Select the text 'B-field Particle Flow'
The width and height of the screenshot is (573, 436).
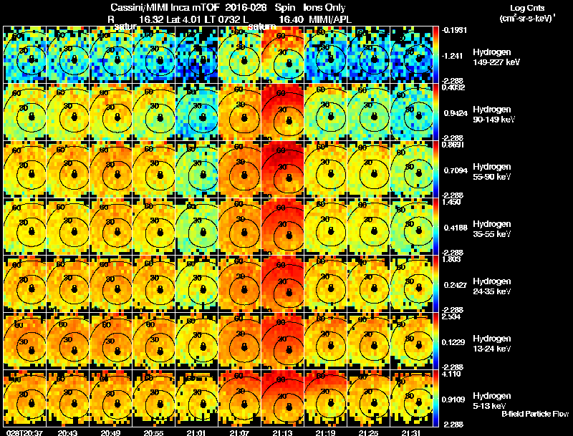[534, 414]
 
